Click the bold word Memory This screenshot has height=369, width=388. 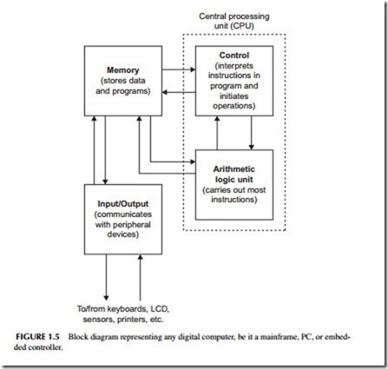tap(123, 70)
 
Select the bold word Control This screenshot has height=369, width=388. tap(234, 56)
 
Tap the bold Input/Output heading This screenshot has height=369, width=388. tap(123, 204)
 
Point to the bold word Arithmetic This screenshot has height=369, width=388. tap(234, 169)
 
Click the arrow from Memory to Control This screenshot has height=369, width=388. tap(179, 69)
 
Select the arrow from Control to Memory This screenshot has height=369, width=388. tap(179, 92)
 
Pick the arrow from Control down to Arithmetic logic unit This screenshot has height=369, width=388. tap(251, 133)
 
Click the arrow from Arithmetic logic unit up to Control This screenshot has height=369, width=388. tap(217, 133)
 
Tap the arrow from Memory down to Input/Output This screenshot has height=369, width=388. tap(105, 150)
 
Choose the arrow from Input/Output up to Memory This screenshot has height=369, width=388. tap(94, 150)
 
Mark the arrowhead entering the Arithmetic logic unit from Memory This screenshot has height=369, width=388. tap(193, 161)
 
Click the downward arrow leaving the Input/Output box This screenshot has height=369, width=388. tap(106, 277)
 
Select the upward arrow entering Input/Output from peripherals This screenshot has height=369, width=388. tap(141, 277)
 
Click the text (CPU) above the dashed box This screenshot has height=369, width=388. tap(243, 26)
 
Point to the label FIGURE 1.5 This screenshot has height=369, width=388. tap(37, 337)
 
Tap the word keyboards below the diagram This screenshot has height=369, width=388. tap(128, 309)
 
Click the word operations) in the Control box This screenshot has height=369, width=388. tap(234, 106)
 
